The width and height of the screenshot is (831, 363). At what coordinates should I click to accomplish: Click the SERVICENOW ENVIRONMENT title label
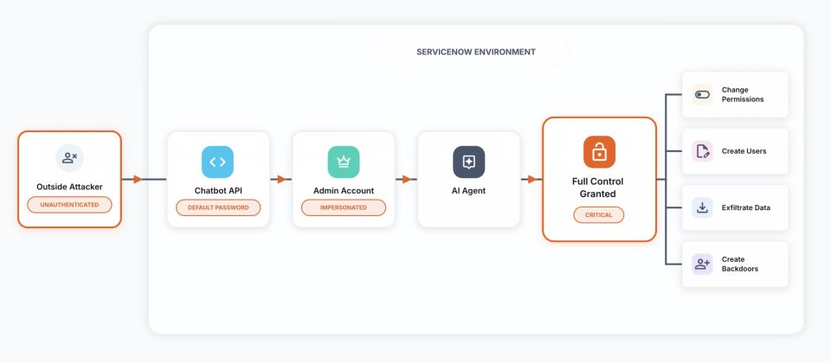[476, 52]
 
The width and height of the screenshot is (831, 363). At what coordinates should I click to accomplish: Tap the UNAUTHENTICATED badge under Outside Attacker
[69, 205]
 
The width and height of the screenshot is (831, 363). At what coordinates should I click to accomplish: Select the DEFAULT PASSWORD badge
[217, 207]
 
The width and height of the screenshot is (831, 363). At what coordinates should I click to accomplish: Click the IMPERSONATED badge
[343, 207]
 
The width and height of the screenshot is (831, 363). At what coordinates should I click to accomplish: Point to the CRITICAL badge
[598, 214]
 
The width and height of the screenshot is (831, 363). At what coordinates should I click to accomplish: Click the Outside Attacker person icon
[69, 158]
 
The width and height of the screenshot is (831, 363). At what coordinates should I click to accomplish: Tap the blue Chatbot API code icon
[217, 162]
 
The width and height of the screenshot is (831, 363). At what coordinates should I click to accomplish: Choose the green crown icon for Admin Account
[343, 162]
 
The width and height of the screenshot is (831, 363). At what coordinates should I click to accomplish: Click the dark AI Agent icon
[468, 162]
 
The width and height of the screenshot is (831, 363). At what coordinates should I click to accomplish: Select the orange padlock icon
[598, 152]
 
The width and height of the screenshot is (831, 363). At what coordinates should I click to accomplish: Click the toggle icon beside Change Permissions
[702, 94]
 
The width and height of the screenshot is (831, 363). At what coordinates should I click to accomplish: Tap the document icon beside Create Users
[702, 151]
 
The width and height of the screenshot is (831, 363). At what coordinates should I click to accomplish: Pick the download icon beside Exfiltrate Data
[702, 207]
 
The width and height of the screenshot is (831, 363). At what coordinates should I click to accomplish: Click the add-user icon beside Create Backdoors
[702, 264]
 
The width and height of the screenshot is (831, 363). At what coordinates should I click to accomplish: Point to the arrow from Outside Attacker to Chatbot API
[137, 180]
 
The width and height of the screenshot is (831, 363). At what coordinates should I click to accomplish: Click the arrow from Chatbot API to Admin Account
[281, 180]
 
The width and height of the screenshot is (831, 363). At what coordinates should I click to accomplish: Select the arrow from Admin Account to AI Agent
[406, 180]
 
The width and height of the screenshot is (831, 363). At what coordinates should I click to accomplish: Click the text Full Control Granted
[598, 188]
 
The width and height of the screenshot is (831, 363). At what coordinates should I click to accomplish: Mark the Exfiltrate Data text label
[745, 207]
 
